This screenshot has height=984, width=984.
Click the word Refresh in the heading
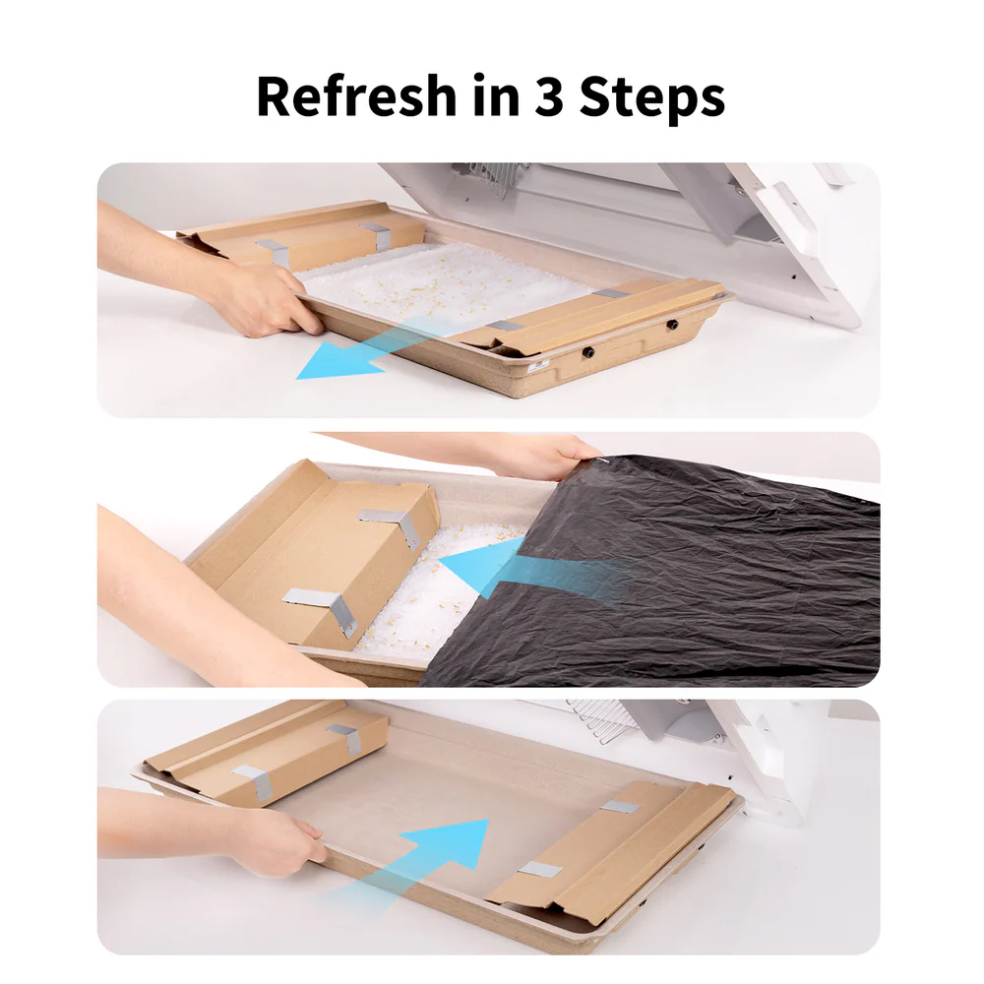tap(356, 95)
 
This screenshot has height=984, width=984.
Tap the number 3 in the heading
tap(549, 96)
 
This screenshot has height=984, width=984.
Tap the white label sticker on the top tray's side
tap(538, 365)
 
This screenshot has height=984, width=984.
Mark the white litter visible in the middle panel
tap(433, 589)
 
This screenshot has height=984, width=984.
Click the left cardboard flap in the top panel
tap(301, 235)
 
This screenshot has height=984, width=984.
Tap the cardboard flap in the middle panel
tap(314, 552)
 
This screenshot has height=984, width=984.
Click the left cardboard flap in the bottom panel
tap(267, 753)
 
